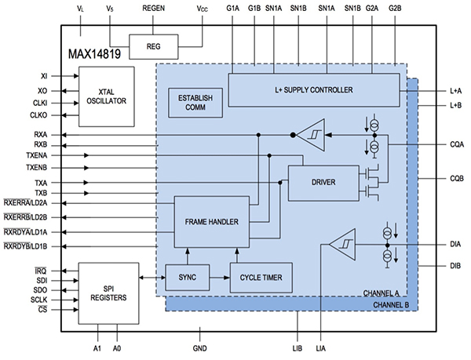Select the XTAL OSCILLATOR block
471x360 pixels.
tap(107, 96)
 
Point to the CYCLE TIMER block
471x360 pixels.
tap(260, 277)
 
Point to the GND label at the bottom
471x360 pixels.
tap(199, 347)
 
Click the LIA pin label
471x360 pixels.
tap(322, 347)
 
